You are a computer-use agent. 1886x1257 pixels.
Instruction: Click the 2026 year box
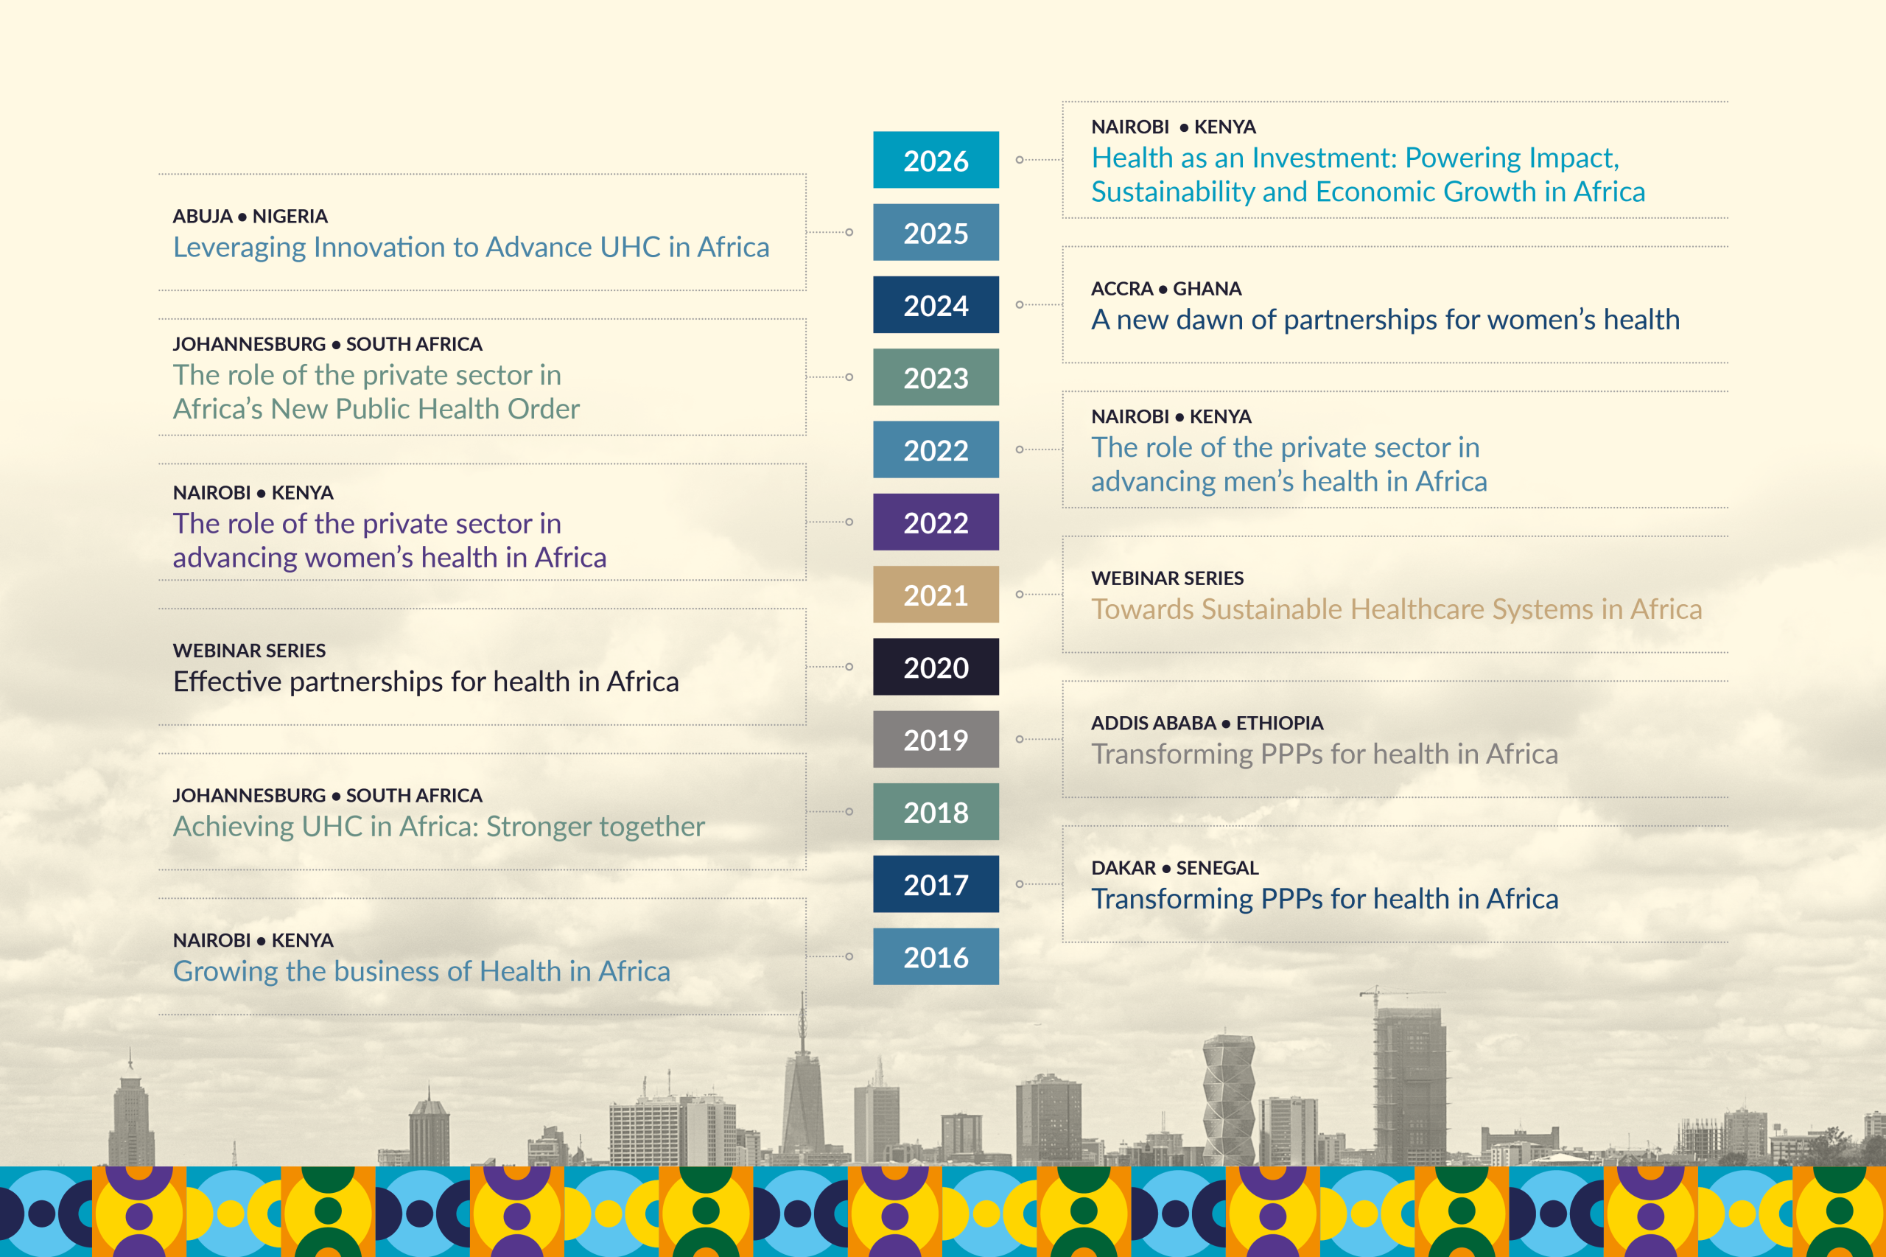tap(936, 160)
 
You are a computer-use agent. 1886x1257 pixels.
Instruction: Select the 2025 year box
tap(936, 233)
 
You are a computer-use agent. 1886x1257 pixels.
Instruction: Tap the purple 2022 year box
tap(936, 522)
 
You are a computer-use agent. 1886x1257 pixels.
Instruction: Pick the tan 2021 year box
tap(936, 594)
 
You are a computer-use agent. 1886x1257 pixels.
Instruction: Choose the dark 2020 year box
tap(936, 667)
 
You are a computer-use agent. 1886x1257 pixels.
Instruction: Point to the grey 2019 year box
tap(936, 739)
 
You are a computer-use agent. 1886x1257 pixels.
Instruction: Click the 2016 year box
tap(936, 956)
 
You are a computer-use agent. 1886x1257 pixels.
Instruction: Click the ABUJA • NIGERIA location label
tap(250, 217)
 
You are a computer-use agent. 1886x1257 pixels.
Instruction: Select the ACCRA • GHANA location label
tap(1166, 289)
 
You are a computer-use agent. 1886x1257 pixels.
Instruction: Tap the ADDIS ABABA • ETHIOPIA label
tap(1207, 723)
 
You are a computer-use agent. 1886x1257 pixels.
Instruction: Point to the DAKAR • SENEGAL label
tap(1175, 868)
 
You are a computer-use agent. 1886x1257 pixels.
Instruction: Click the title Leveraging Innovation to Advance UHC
tap(471, 247)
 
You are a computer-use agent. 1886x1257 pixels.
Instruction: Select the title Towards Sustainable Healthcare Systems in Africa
tap(1396, 609)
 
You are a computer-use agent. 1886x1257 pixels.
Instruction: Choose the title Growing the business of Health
tap(421, 972)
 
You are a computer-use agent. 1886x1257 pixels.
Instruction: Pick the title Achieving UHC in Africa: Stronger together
tap(439, 827)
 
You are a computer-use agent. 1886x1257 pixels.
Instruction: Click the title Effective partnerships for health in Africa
tap(427, 682)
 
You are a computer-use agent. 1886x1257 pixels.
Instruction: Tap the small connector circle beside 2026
tap(1020, 160)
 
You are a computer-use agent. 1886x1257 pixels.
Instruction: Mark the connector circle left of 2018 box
tap(849, 811)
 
